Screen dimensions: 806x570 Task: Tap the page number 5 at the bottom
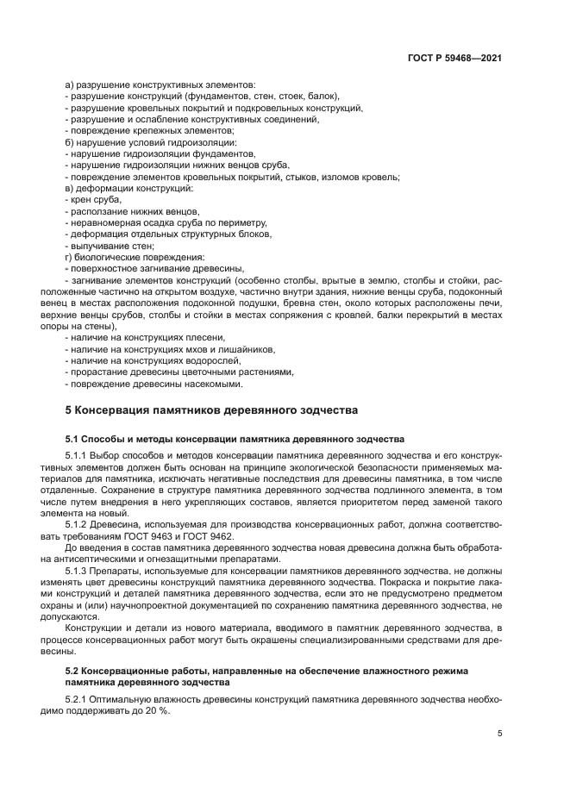point(500,734)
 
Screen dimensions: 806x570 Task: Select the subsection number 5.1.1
point(79,453)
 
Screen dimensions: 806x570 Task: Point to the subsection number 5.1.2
point(79,523)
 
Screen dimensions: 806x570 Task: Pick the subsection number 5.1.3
point(79,570)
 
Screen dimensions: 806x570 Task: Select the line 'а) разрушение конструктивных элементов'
point(160,84)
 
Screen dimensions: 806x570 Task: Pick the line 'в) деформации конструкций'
point(130,188)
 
